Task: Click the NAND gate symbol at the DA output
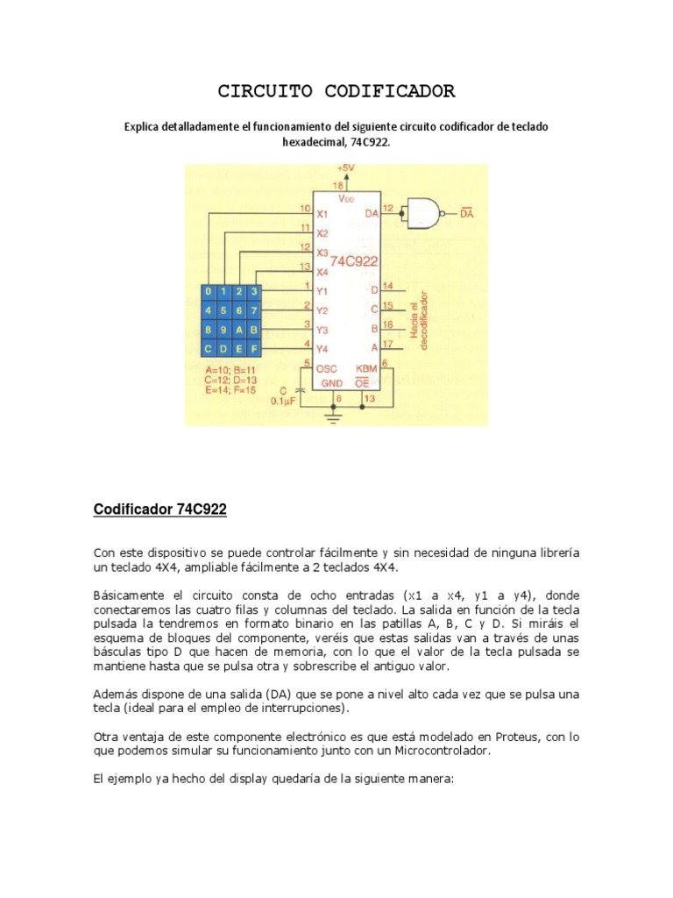coord(422,211)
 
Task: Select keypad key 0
coord(208,291)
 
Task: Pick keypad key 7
coord(253,310)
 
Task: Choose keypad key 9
coord(223,330)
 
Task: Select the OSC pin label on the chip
coord(327,370)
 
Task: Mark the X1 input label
coord(322,214)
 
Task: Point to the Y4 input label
coord(322,349)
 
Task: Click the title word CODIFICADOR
coord(399,91)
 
